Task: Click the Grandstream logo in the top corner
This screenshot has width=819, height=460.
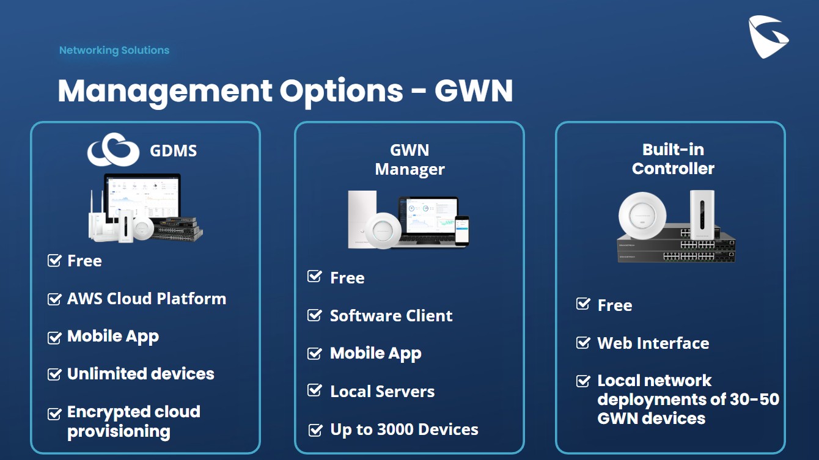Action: click(768, 37)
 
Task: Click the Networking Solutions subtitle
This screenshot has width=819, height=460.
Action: click(114, 51)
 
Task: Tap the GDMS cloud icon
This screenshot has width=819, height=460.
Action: click(114, 150)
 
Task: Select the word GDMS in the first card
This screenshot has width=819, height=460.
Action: click(174, 151)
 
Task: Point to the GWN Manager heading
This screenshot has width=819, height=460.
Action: click(409, 159)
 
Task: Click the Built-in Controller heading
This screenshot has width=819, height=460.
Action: click(673, 159)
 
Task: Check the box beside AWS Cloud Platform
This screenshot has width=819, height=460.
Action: click(54, 299)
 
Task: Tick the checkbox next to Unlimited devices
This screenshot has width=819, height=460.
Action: click(54, 374)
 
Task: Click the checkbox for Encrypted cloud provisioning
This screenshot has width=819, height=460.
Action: click(54, 414)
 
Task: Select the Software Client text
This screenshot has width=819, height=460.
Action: click(391, 316)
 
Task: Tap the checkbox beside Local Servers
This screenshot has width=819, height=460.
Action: click(315, 391)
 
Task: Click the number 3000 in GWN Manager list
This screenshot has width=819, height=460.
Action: click(400, 429)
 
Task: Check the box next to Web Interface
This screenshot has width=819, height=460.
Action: click(583, 343)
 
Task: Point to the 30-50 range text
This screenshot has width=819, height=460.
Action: click(754, 400)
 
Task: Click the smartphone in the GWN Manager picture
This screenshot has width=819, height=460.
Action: click(461, 230)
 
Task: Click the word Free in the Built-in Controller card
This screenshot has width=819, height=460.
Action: click(614, 305)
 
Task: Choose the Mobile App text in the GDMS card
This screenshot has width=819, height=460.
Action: click(113, 337)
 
